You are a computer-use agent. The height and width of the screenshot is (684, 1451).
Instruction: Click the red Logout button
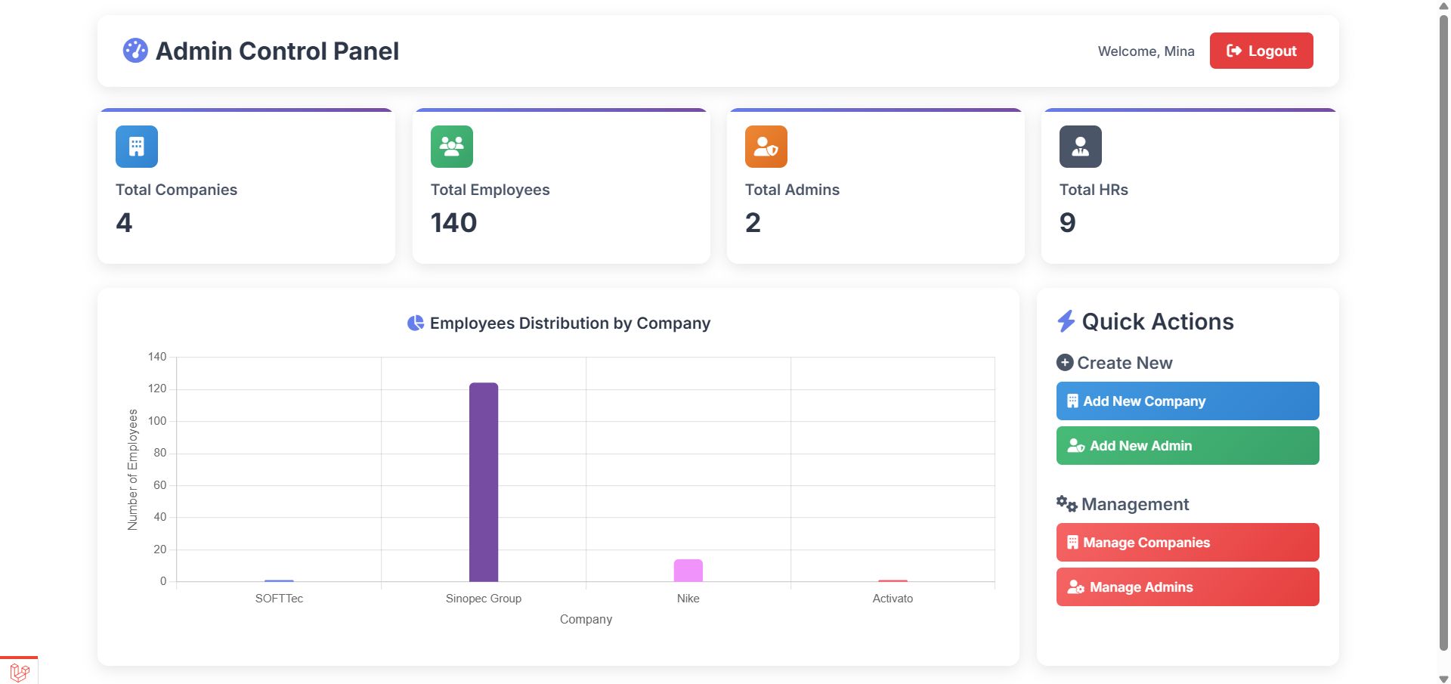(1261, 51)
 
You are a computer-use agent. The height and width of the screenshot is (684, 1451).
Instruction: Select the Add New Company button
(1187, 401)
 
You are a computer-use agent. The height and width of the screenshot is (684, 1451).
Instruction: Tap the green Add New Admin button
(1187, 446)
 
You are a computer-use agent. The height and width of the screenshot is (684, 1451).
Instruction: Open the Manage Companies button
(1187, 543)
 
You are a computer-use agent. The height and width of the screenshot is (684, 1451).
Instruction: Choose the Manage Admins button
(1187, 587)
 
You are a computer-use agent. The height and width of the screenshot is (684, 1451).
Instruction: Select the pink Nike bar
(688, 571)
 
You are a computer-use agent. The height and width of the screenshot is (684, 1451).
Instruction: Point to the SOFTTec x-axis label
(279, 599)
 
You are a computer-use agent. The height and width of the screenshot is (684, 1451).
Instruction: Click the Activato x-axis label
(893, 599)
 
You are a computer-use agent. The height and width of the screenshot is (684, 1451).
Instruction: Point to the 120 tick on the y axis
(157, 388)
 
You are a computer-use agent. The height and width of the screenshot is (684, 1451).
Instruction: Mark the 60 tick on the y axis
(159, 485)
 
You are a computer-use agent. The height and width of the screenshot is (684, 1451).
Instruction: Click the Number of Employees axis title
(133, 469)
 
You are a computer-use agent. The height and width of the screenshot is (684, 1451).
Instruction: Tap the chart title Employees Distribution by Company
(570, 323)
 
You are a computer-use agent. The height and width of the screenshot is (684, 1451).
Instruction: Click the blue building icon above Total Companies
(137, 147)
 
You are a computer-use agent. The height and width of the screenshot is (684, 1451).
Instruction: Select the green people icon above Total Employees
(452, 147)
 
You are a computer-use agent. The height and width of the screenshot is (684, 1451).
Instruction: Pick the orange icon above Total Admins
(766, 147)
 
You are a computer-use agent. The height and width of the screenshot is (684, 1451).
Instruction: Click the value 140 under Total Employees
(453, 223)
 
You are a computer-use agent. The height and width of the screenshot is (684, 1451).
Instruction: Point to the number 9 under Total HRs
(1067, 223)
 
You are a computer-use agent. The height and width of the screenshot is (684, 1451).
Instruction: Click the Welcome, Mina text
(1146, 51)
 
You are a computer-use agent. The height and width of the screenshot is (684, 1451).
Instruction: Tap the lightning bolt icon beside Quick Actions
(1066, 321)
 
